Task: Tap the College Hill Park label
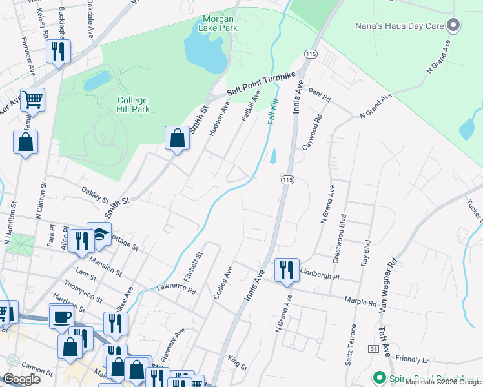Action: [133, 104]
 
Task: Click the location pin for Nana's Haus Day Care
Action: [453, 26]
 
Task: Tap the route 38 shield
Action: [374, 348]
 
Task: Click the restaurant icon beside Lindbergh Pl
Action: [286, 268]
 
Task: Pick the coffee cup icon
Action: [63, 317]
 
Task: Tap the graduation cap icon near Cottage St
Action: [99, 233]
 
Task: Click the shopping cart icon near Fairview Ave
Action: [32, 99]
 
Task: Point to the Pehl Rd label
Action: [319, 96]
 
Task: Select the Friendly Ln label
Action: [413, 359]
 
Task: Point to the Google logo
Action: [22, 379]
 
